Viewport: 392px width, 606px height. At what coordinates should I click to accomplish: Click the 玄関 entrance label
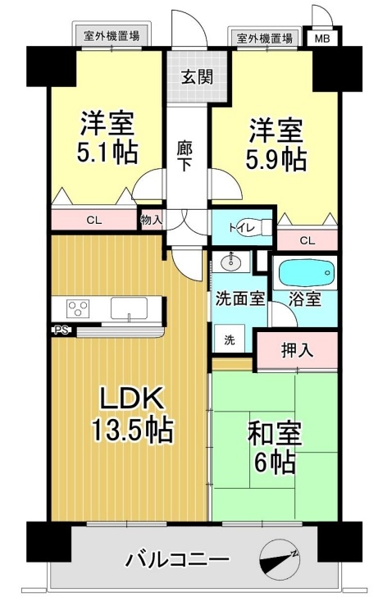coord(197,77)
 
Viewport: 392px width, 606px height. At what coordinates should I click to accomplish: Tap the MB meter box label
coord(322,39)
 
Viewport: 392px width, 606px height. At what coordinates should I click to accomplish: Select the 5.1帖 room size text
coord(107,153)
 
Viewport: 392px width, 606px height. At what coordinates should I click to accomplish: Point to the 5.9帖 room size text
coord(276,159)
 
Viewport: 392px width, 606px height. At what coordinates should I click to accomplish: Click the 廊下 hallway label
coord(185,156)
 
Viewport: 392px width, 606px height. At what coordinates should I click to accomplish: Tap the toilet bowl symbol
coord(267,227)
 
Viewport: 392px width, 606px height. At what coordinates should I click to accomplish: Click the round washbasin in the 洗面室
coord(230,263)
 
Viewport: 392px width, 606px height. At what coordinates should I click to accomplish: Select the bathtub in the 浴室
coord(305,273)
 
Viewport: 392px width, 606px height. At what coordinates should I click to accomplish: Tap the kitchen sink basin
coord(129,308)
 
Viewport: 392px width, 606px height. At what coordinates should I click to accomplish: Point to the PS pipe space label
coord(62,330)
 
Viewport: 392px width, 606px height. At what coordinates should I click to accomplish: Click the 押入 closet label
coord(297,350)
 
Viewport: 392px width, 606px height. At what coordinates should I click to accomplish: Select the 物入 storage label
coord(151,221)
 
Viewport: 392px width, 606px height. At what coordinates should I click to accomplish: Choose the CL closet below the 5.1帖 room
coord(94,221)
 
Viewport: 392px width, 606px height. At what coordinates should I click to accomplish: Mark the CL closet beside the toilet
coord(308,240)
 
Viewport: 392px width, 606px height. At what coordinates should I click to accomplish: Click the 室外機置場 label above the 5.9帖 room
coord(265,39)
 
